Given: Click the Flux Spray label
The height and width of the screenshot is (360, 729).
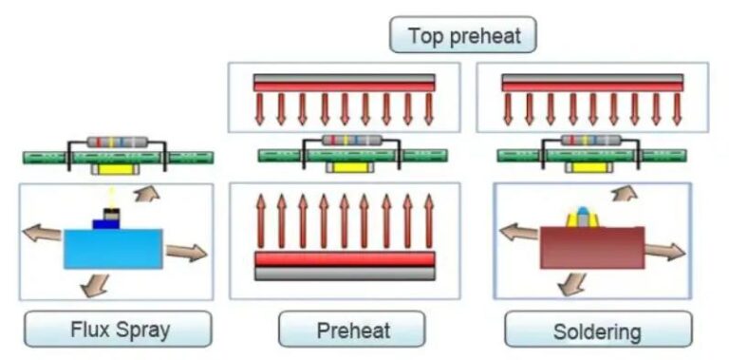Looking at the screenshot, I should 118,330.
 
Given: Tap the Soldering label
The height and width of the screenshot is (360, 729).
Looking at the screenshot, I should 597,331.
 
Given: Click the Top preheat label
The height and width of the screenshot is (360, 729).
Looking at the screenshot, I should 462,36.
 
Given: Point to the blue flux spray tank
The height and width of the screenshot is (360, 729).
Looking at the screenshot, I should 115,248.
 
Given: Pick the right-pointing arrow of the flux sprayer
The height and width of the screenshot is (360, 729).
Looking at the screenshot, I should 186,253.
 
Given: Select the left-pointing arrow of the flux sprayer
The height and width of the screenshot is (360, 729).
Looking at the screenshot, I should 42,233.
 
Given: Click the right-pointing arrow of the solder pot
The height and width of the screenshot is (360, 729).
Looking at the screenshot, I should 665,251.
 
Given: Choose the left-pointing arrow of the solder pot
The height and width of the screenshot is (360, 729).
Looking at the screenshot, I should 518,232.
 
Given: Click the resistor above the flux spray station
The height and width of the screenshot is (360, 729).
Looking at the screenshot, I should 117,142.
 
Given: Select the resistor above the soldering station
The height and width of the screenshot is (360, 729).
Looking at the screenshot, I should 589,141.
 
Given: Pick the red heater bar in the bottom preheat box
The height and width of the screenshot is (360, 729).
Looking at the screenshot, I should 345,258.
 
